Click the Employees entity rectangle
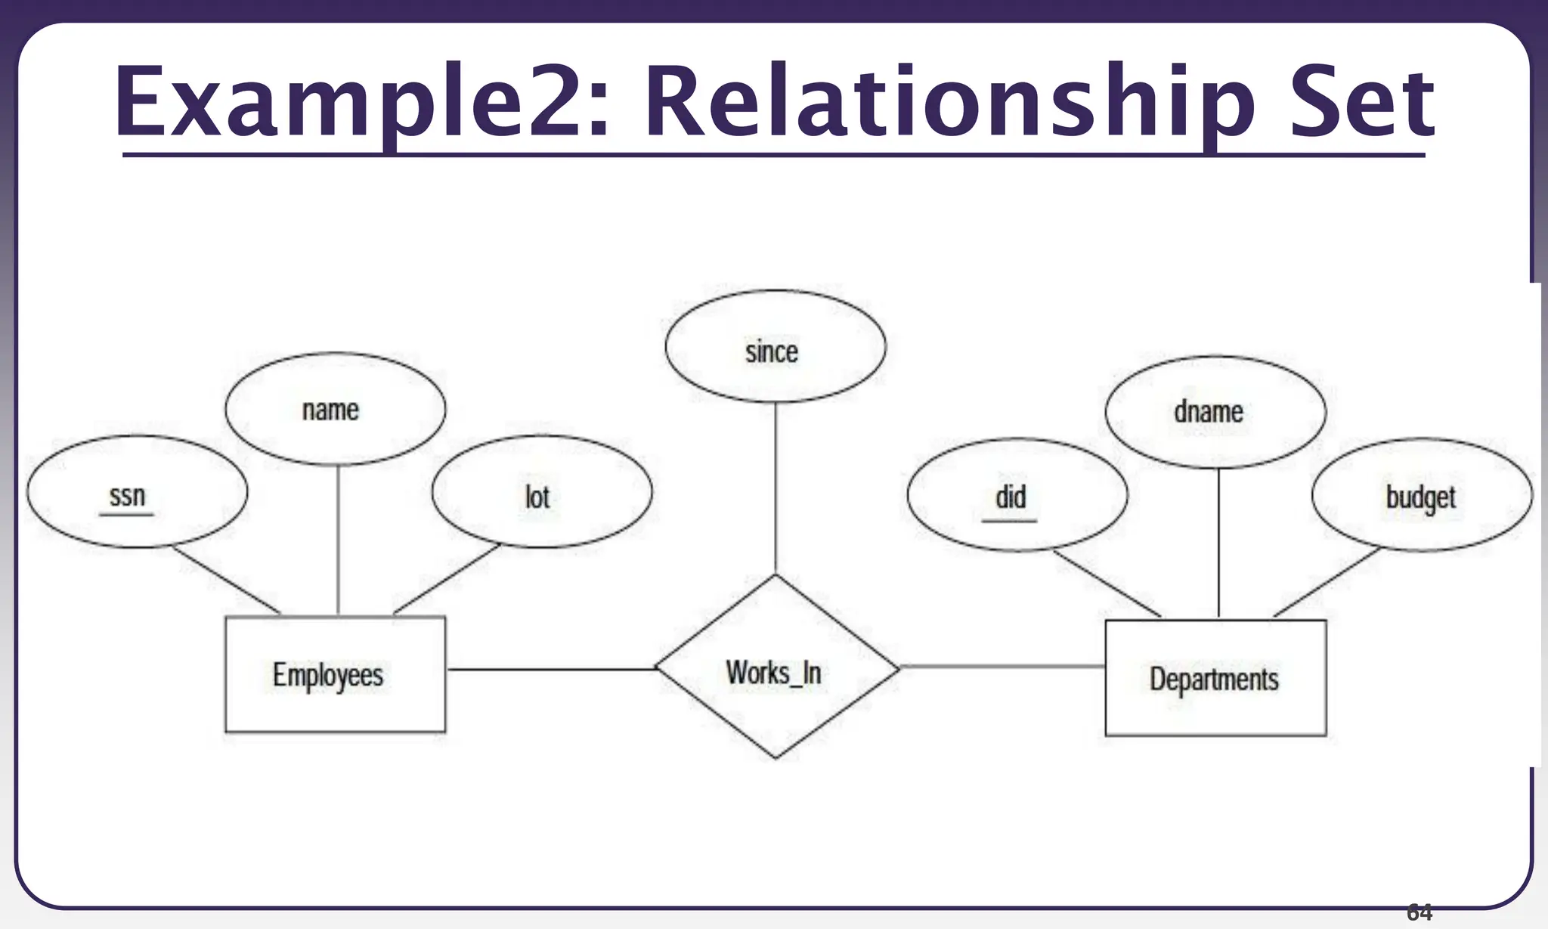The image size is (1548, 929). point(335,674)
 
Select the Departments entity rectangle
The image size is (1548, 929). point(1215,678)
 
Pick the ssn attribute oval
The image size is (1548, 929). point(137,491)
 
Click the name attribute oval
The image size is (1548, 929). point(335,409)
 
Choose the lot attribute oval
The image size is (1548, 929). point(541,491)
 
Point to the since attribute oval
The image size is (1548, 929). point(775,346)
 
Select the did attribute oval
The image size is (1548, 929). point(1017,495)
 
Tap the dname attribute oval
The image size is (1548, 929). point(1215,412)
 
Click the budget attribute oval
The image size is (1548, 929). point(1421,495)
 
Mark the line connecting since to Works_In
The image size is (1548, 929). point(776,488)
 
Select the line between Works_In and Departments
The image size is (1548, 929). point(1002,667)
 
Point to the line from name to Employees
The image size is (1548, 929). point(338,540)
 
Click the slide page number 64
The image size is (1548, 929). point(1419,913)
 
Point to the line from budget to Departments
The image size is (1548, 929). point(1327,582)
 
